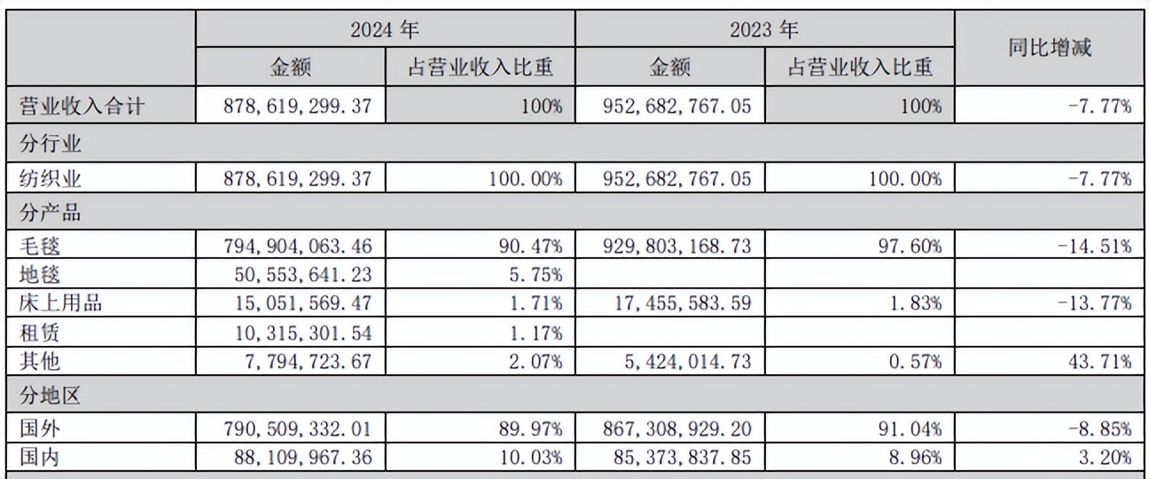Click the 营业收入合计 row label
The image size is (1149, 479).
coord(82,106)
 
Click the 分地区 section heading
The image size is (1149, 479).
coord(51,396)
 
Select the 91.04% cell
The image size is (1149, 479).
coord(913,429)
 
